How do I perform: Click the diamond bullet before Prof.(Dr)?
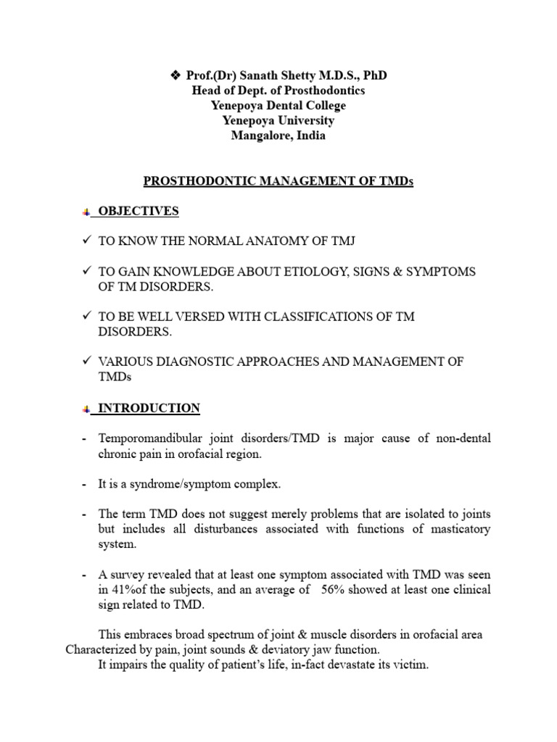[175, 75]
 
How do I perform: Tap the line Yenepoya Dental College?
[278, 106]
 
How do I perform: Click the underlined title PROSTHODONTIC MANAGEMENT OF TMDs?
[278, 181]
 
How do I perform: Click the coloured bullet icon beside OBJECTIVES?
[86, 212]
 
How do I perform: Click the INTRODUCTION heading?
[149, 408]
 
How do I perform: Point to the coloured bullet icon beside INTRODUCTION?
[86, 409]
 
